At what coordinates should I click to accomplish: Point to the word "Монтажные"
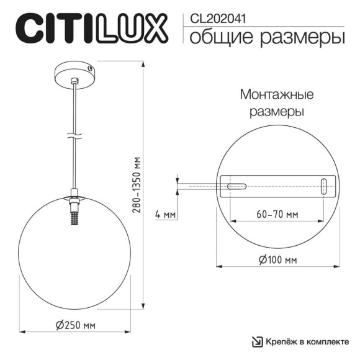click(276, 96)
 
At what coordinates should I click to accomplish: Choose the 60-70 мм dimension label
click(277, 214)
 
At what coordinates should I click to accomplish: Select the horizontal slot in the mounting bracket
click(236, 186)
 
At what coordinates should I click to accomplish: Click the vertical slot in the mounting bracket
click(323, 186)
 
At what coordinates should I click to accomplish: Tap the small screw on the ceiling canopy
click(91, 69)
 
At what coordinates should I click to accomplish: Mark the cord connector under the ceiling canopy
click(75, 81)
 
